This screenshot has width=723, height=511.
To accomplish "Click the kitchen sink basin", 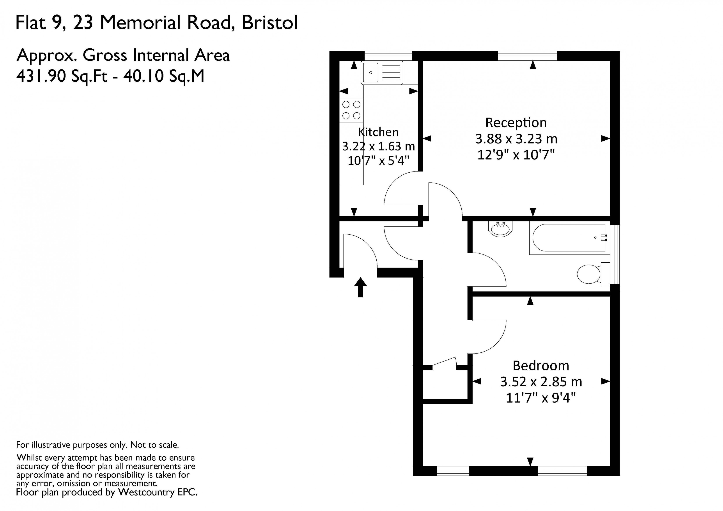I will [371, 72].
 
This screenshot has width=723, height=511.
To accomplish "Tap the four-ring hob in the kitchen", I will [351, 110].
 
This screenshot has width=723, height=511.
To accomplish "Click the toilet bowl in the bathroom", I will [588, 274].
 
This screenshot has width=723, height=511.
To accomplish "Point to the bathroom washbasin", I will [500, 229].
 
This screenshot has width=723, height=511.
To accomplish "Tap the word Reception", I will [516, 122].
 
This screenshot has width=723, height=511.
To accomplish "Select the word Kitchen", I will [378, 132].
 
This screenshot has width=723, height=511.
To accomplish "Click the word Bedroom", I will [541, 366].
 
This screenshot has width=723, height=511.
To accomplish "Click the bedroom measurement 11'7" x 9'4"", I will [541, 398].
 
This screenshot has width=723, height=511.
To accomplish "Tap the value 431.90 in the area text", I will [41, 76].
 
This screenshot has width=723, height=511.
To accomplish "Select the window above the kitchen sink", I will [388, 56].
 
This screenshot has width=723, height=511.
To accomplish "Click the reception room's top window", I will [527, 56].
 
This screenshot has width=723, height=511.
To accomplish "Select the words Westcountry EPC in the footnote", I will [158, 492].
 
